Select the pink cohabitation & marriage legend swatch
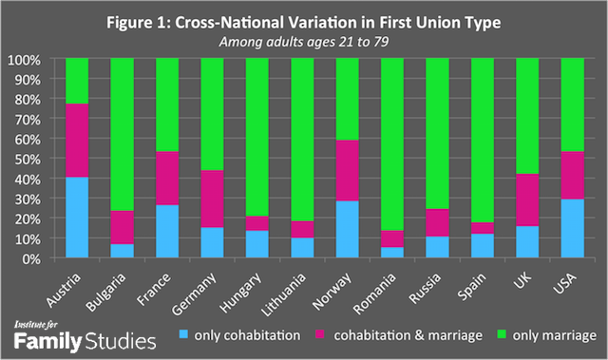[342, 335]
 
